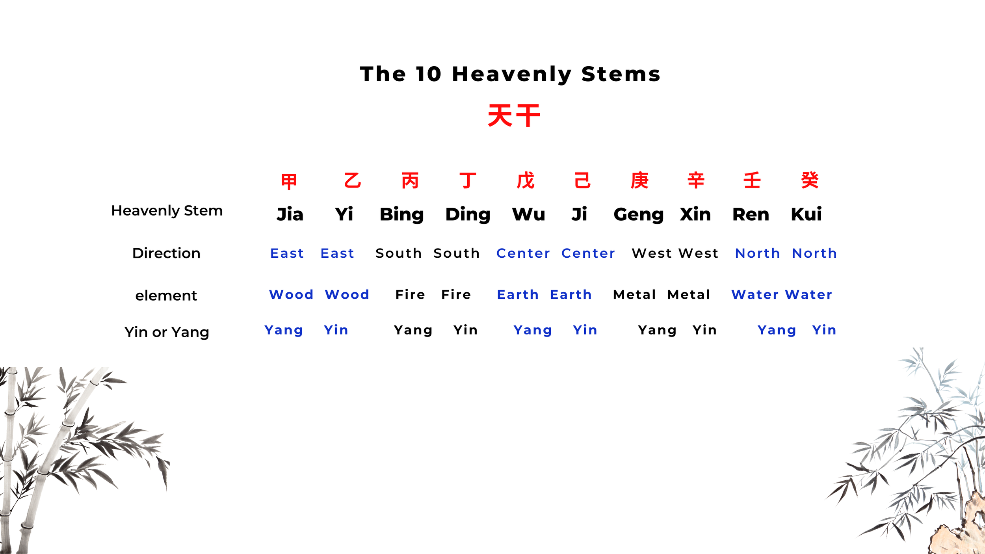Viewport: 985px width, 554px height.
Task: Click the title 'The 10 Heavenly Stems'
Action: [x=510, y=74]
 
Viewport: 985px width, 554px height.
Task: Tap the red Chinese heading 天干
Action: [x=514, y=115]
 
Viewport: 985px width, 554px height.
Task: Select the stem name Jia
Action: [x=290, y=214]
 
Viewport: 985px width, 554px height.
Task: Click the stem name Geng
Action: [x=638, y=215]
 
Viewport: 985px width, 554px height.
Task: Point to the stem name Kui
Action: [x=806, y=214]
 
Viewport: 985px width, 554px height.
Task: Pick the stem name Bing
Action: [x=401, y=215]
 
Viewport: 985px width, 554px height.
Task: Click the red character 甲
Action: [x=289, y=181]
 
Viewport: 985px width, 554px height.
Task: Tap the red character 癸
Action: [x=810, y=180]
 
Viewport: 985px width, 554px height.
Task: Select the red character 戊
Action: [x=526, y=180]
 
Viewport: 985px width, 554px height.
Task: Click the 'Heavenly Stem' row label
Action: [x=167, y=211]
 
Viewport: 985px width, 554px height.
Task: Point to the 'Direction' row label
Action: [x=166, y=253]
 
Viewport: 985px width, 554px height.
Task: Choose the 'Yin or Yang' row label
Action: [x=167, y=332]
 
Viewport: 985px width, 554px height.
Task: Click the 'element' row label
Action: [x=166, y=296]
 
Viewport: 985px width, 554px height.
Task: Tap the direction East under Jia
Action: [x=287, y=253]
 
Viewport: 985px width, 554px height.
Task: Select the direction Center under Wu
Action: [x=523, y=253]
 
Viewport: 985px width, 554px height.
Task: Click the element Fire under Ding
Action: [x=456, y=295]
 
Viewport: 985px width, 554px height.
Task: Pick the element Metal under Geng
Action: [x=634, y=295]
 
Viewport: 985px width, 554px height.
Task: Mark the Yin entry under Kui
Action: [x=824, y=330]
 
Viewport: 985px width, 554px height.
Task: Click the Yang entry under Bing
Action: [x=413, y=330]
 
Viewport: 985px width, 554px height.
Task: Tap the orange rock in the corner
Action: [x=961, y=528]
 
